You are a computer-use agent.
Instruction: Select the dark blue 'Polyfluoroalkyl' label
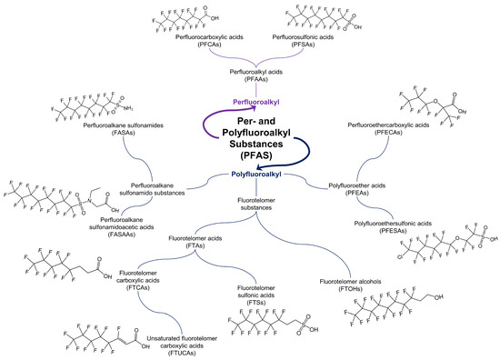point(250,172)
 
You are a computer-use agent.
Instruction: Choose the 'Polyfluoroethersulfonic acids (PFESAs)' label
point(402,226)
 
